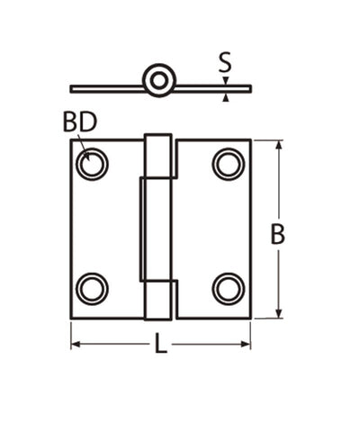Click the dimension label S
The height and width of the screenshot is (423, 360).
click(226, 62)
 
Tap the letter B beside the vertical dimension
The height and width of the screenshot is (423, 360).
click(278, 234)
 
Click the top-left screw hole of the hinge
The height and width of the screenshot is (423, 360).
click(92, 164)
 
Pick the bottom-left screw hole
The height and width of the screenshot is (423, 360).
click(92, 288)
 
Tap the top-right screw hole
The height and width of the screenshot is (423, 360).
click(229, 164)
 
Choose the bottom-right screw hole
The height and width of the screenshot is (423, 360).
click(229, 288)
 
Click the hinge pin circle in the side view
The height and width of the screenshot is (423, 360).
click(159, 80)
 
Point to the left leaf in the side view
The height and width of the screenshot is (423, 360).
click(106, 88)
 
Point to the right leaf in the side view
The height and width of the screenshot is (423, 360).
click(212, 88)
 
